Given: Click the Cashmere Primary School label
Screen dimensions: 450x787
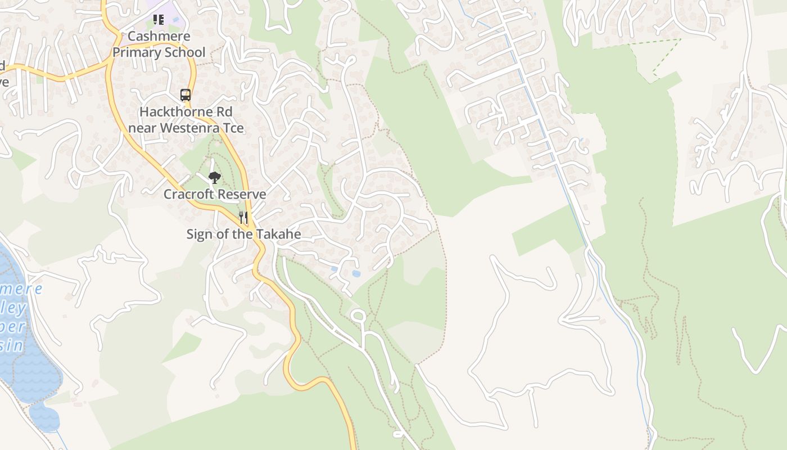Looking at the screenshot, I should click(x=159, y=44).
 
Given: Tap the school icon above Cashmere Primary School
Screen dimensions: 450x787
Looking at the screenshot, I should click(x=159, y=20).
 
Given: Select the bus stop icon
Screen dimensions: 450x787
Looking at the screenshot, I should click(x=186, y=94).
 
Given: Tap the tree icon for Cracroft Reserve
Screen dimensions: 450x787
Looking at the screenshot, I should click(x=214, y=178).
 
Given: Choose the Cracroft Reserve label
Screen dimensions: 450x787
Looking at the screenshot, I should click(x=215, y=194).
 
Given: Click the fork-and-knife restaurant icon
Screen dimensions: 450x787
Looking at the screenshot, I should click(x=243, y=218).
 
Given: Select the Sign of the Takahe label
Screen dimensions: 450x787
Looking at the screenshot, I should click(x=243, y=234).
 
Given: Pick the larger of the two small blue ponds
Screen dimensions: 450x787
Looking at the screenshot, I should click(x=356, y=273).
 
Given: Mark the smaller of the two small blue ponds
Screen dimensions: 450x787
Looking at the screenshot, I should click(x=334, y=269).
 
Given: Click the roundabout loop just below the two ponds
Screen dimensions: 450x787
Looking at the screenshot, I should click(x=358, y=316).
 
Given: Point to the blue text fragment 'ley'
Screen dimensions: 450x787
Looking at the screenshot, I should click(x=14, y=308).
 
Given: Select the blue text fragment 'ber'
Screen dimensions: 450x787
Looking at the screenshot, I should click(x=12, y=326).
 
